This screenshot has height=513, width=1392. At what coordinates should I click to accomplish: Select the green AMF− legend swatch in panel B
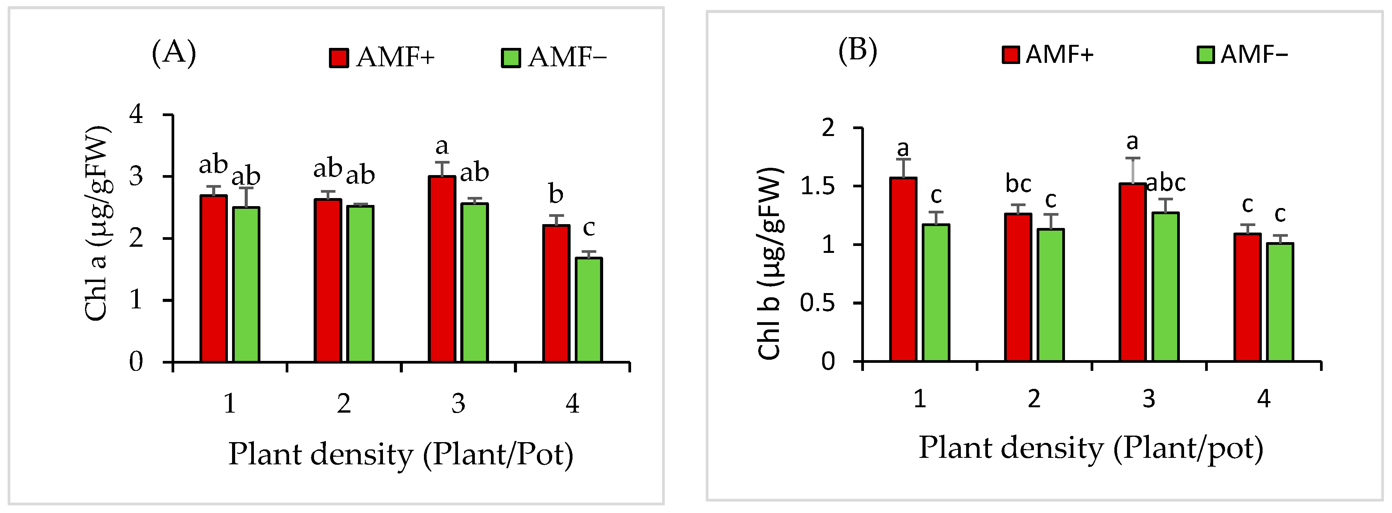click(x=1206, y=55)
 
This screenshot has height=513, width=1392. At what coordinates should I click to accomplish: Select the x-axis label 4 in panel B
click(x=1263, y=399)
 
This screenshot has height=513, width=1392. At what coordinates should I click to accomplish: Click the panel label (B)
click(x=857, y=50)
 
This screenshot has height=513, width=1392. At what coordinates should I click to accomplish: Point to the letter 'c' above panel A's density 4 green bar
click(x=589, y=228)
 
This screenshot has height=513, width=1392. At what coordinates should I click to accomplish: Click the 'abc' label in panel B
click(x=1166, y=183)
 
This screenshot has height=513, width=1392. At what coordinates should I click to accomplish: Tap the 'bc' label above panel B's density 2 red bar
click(x=1018, y=184)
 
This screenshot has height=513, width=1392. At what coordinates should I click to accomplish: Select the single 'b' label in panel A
click(x=556, y=194)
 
